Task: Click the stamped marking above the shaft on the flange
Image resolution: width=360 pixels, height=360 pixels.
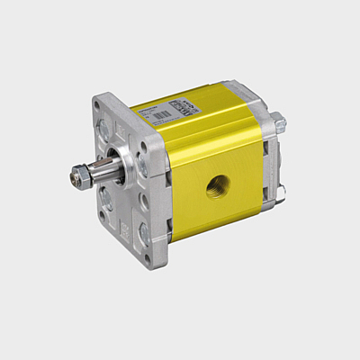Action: pos(121,133)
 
